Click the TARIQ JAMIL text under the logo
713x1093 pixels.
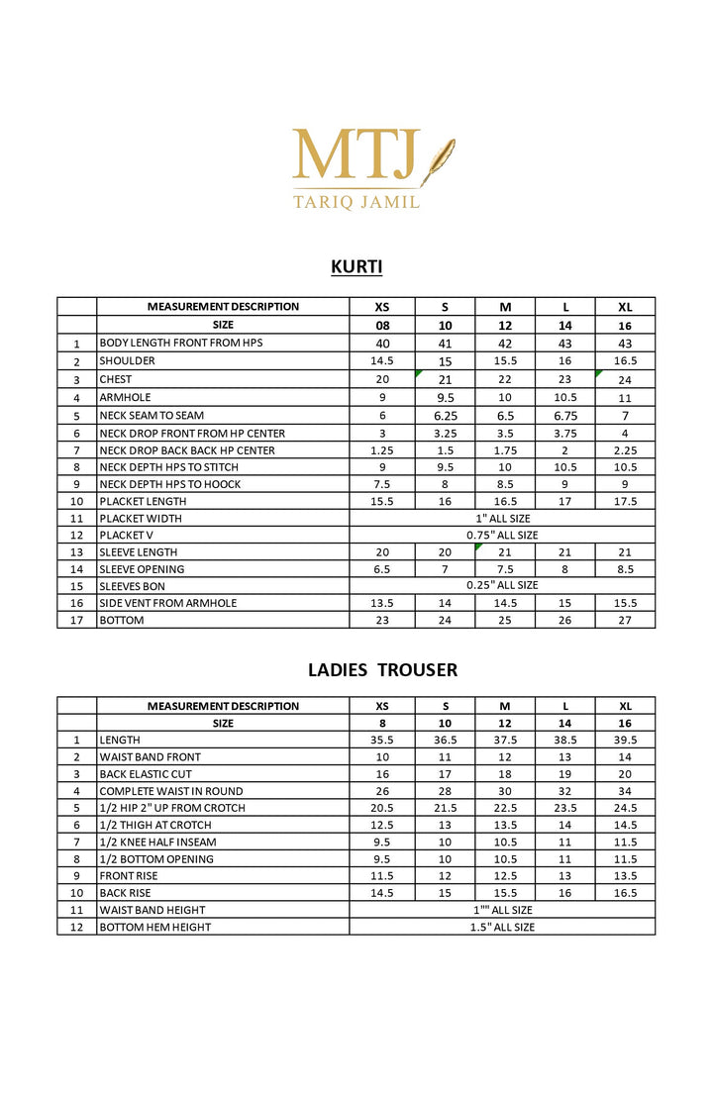click(356, 202)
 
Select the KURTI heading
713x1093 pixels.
click(356, 266)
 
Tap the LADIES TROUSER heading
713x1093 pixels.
click(382, 670)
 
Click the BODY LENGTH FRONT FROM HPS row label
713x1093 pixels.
click(180, 343)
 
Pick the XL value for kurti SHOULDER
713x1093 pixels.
click(625, 361)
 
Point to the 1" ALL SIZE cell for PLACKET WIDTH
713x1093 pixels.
click(502, 518)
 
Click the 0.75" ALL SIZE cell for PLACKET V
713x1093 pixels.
click(502, 535)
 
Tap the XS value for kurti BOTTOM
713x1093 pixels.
click(381, 620)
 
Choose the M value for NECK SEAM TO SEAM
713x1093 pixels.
click(505, 416)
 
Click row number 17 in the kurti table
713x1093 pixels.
click(76, 620)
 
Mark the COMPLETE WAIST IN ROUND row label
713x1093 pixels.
click(170, 791)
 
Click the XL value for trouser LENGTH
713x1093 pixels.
click(625, 740)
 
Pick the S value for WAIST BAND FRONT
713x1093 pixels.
click(445, 756)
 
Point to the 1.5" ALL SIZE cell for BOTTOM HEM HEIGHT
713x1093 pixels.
click(502, 927)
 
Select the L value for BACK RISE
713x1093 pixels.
click(565, 893)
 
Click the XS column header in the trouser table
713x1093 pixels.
click(381, 706)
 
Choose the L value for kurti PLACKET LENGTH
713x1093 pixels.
click(565, 502)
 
